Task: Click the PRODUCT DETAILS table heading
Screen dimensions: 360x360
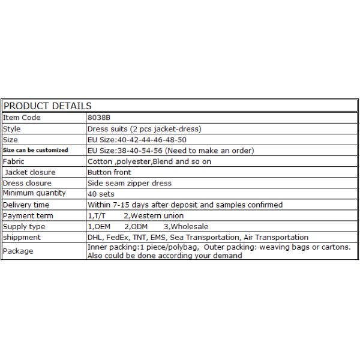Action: [44, 106]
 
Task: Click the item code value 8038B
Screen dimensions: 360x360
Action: [99, 118]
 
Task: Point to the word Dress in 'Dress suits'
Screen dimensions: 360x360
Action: [98, 128]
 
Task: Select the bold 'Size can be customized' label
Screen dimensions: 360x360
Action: [36, 150]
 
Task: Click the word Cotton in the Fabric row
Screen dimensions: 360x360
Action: [100, 161]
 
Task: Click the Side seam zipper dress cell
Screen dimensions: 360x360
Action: [129, 183]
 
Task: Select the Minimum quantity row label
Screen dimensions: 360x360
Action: [34, 193]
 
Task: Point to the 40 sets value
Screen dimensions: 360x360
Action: [101, 194]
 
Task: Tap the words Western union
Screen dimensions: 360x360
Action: [157, 215]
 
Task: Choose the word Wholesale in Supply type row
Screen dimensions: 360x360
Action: [188, 226]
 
